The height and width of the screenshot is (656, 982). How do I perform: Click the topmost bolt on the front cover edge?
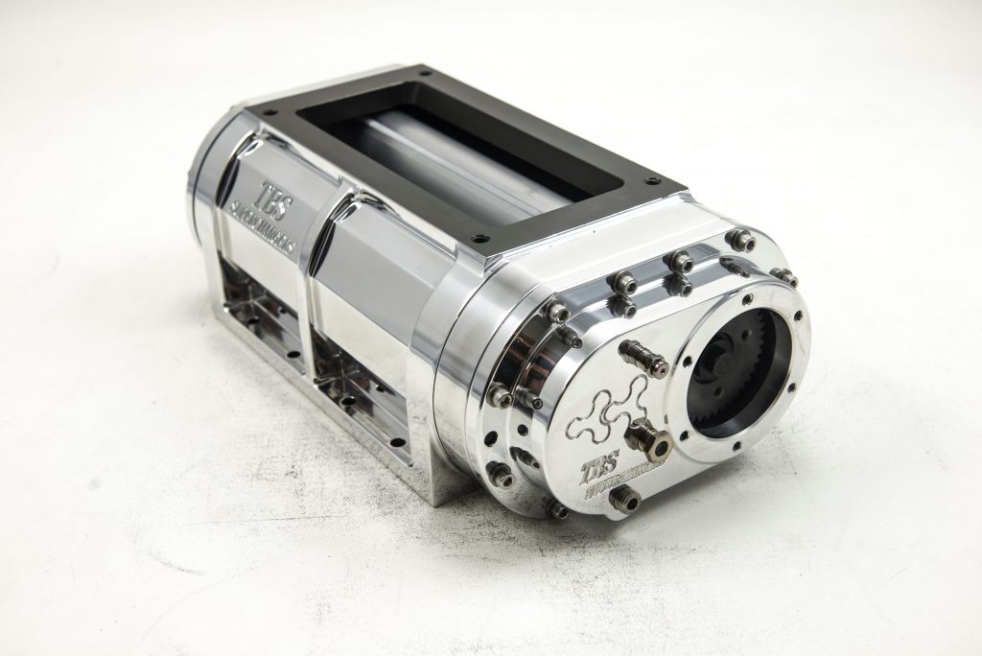738,239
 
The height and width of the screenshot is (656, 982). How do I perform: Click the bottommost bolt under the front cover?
555,509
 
